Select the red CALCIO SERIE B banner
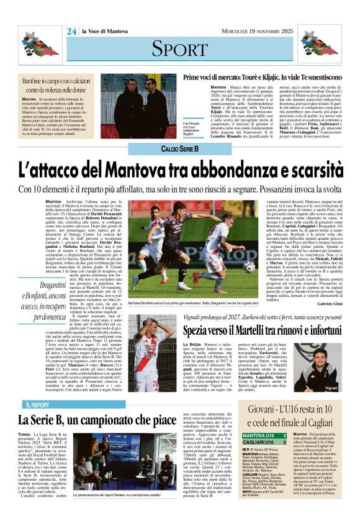point(179,150)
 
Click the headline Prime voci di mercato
point(261,78)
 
